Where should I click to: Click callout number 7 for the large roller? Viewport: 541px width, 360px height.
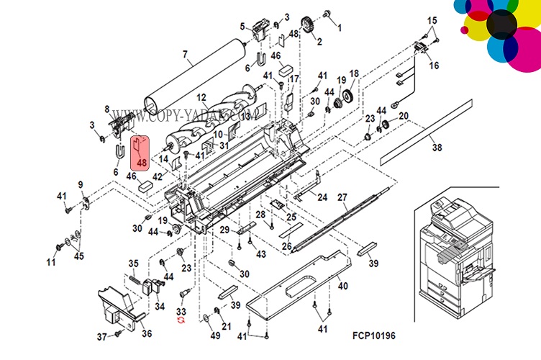click(x=185, y=54)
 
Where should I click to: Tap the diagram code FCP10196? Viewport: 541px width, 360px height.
click(x=374, y=336)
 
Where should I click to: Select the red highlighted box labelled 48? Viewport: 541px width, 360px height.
click(x=140, y=153)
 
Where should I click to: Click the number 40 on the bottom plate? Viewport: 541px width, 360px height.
click(x=342, y=287)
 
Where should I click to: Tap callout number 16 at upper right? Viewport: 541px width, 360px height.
click(x=434, y=66)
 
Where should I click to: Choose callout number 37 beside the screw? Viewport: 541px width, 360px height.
click(x=101, y=336)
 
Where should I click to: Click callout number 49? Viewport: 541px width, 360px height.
click(x=214, y=336)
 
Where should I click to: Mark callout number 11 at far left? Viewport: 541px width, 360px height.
click(x=51, y=262)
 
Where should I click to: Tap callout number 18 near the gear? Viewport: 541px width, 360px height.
click(x=354, y=73)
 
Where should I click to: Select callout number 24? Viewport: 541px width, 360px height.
click(x=322, y=197)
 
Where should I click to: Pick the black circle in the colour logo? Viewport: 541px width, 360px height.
click(x=502, y=25)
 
